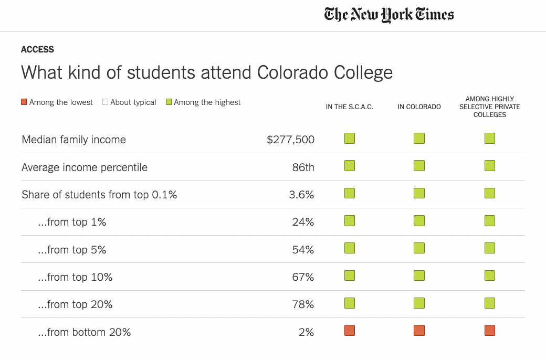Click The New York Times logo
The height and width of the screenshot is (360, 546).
tap(389, 14)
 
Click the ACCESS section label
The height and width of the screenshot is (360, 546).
tap(37, 49)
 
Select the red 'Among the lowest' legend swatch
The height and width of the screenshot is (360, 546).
tap(24, 102)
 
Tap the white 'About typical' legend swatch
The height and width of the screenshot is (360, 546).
tap(105, 102)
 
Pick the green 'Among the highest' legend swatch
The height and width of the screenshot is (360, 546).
tap(169, 102)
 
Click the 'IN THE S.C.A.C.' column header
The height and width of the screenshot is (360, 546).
tap(350, 107)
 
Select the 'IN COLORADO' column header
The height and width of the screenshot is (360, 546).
tap(419, 107)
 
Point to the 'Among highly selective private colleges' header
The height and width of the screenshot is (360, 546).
tap(490, 107)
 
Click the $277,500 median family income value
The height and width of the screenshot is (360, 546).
tap(290, 140)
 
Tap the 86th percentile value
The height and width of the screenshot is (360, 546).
tap(303, 167)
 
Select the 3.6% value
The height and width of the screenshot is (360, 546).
tap(301, 195)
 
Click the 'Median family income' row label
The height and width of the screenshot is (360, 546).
tap(74, 140)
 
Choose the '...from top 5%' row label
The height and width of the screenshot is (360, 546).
tap(72, 250)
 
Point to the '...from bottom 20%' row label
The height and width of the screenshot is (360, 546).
tap(84, 332)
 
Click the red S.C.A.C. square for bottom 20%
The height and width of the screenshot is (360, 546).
tap(350, 330)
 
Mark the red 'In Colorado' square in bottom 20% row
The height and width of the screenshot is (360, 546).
tap(419, 330)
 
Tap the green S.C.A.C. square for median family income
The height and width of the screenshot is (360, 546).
tap(350, 139)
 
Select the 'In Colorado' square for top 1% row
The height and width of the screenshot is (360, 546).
tap(419, 220)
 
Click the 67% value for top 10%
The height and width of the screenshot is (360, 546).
tap(303, 277)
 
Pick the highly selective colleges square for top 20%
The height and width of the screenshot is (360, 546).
tap(490, 303)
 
